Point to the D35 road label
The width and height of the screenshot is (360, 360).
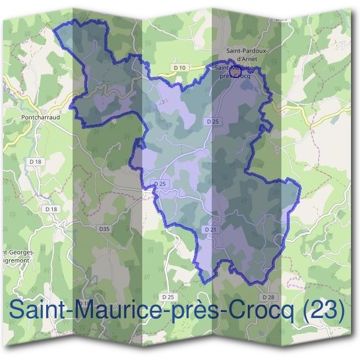tap(104, 229)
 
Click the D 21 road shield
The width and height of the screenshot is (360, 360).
tap(210, 229)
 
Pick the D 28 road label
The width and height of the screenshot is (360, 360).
tap(268, 297)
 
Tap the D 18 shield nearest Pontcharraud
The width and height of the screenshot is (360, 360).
tap(35, 161)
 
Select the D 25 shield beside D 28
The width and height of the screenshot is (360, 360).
tap(168, 297)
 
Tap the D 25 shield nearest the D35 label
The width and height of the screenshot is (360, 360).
tap(159, 184)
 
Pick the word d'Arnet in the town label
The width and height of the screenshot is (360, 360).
tap(248, 59)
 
